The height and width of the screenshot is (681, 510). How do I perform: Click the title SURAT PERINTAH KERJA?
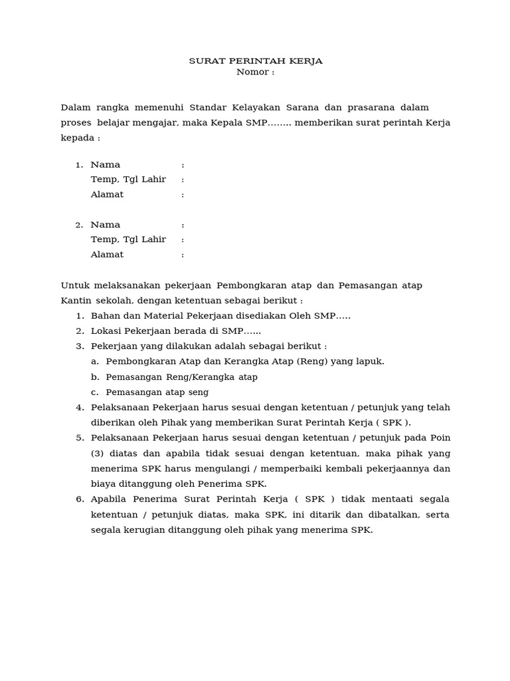pyautogui.click(x=256, y=61)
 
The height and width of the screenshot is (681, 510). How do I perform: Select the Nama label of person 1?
pyautogui.click(x=106, y=164)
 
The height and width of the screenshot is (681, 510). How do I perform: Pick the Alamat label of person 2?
pyautogui.click(x=107, y=255)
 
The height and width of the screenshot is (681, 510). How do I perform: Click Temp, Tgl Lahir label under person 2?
pyautogui.click(x=128, y=239)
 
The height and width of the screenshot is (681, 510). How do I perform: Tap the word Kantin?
pyautogui.click(x=76, y=301)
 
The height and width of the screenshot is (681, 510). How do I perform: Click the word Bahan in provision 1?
pyautogui.click(x=104, y=316)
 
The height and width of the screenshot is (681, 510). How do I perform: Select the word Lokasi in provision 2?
pyautogui.click(x=106, y=331)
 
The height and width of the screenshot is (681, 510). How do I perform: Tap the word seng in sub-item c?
pyautogui.click(x=198, y=392)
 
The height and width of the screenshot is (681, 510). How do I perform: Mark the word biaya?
pyautogui.click(x=103, y=484)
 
